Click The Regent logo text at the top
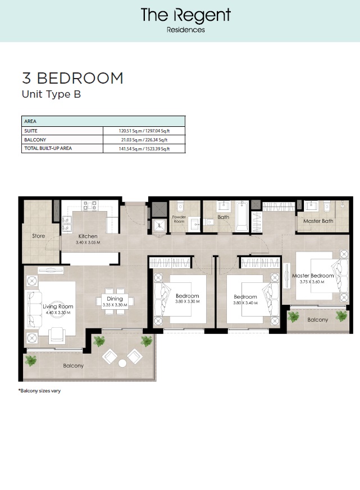pos(185,15)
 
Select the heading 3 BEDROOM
pos(72,78)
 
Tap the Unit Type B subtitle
pos(51,94)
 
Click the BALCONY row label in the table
pos(35,139)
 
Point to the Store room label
pos(38,236)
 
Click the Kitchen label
pos(88,236)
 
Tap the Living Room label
pos(58,306)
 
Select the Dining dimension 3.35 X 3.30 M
pos(115,305)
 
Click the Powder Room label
pos(179,219)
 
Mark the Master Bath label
pos(318,221)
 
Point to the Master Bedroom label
pos(313,276)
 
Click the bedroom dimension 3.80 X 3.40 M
pos(245,303)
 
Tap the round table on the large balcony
pos(122,363)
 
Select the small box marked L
pos(160,226)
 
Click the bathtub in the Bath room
pos(241,217)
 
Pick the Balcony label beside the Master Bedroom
pos(317,319)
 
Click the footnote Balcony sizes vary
pos(39,391)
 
